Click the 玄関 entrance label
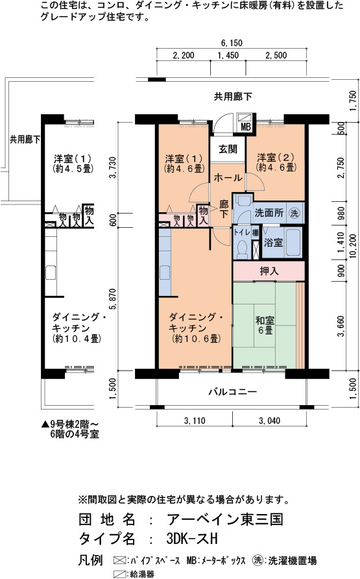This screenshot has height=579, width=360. tap(228, 149)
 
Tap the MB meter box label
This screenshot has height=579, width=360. tap(245, 127)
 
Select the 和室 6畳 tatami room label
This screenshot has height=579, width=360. tap(265, 325)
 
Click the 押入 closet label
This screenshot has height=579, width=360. tap(269, 271)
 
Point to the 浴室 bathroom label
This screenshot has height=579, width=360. tap(273, 243)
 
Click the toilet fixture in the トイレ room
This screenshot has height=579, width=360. tap(242, 250)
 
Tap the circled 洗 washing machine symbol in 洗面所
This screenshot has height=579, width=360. tap(294, 213)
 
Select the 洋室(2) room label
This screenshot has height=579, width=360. tap(276, 162)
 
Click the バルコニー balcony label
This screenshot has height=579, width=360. tap(232, 391)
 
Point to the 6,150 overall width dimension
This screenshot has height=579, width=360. tap(232, 43)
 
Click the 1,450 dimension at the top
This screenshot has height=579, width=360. tap(228, 55)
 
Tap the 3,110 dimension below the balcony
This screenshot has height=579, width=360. tap(195, 421)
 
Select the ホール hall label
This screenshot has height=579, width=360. tap(228, 178)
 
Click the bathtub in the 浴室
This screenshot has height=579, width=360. tap(294, 242)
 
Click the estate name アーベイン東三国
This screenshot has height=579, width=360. tap(225, 519)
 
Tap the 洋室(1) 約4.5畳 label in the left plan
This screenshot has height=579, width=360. tap(73, 164)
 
